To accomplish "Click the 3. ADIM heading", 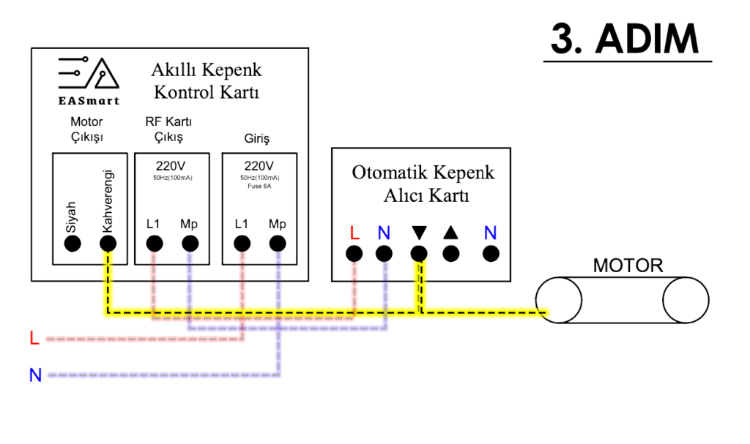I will [631, 39].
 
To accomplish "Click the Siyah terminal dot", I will [72, 244].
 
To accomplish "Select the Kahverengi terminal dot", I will [108, 244].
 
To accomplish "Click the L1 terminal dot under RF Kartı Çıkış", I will [154, 244].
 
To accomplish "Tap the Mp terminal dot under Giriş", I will [278, 244].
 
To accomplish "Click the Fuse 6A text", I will [259, 187].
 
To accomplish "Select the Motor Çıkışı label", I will [86, 129].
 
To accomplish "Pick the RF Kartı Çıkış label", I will [168, 129].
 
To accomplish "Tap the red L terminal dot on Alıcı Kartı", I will [354, 254].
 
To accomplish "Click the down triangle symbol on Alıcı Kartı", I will [419, 233].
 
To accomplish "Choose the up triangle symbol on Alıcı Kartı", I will [451, 233].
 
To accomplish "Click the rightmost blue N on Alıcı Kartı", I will [490, 233].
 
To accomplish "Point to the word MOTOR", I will [628, 265].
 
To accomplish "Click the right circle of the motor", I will [686, 300].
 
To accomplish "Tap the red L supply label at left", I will [34, 339].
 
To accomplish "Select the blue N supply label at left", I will [34, 376].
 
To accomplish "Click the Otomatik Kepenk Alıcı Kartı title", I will [423, 184].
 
